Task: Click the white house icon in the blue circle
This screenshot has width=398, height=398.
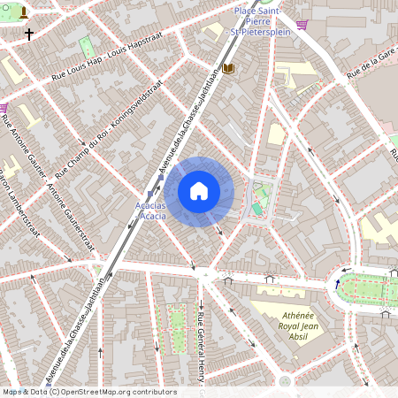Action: (199, 191)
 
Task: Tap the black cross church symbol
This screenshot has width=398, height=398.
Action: (29, 35)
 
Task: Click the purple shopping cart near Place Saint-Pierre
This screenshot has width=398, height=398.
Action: (302, 25)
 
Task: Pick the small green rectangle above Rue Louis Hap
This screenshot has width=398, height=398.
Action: (87, 46)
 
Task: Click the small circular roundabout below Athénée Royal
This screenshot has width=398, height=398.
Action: (284, 381)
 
